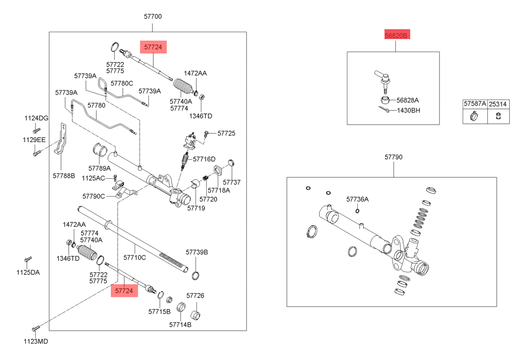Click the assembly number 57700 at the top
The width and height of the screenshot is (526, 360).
153,16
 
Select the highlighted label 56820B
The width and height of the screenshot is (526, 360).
396,36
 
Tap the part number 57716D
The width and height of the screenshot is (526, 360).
204,159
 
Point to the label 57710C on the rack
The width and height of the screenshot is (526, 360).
135,257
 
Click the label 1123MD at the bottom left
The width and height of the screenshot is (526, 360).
37,341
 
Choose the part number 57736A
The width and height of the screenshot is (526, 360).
357,200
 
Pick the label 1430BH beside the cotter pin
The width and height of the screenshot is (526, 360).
408,110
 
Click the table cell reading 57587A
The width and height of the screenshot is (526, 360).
475,104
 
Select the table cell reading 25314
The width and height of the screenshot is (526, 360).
498,104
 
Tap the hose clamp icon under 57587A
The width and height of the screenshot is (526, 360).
474,117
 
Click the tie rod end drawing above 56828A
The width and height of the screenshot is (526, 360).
383,80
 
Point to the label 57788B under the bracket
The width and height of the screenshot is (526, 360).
64,176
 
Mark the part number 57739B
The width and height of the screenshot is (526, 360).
197,253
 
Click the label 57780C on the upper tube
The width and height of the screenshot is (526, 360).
122,84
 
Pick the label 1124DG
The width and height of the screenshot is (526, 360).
37,118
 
